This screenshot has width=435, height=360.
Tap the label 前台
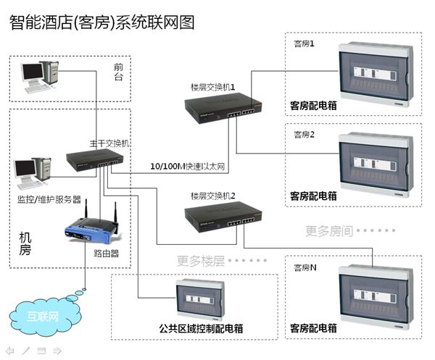(x=118, y=71)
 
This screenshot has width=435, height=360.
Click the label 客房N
(x=304, y=267)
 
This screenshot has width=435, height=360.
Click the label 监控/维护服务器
(x=49, y=198)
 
